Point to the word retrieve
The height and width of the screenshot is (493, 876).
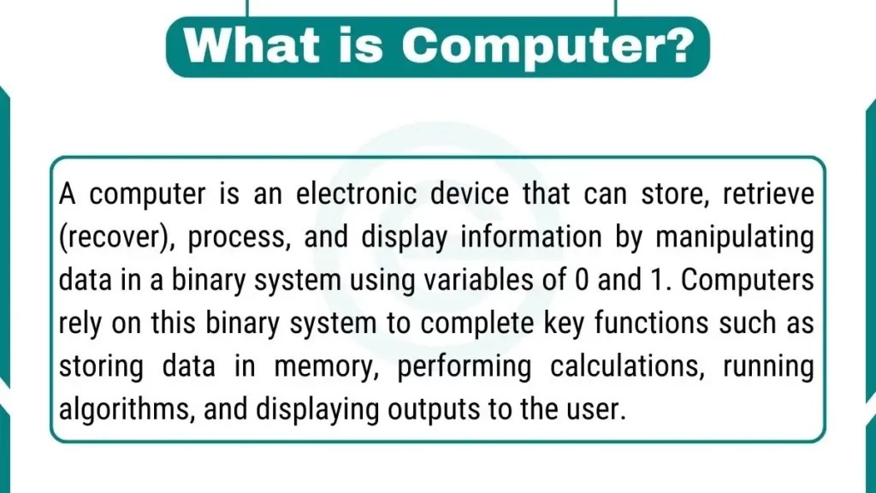click(x=768, y=194)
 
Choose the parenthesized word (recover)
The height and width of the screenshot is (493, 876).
click(x=115, y=238)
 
